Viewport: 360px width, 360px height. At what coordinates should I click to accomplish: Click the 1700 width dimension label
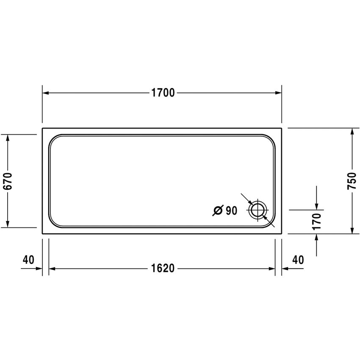click(163, 93)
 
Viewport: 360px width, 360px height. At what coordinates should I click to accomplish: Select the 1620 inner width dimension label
click(163, 269)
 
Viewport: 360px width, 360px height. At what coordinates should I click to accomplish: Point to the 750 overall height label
click(352, 181)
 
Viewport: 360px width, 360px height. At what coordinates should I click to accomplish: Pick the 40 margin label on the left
click(28, 259)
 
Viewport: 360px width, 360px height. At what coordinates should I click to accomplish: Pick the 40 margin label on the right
click(298, 259)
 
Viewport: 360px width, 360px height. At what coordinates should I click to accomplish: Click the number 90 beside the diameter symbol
click(230, 210)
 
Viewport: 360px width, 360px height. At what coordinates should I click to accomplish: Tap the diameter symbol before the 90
click(217, 210)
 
